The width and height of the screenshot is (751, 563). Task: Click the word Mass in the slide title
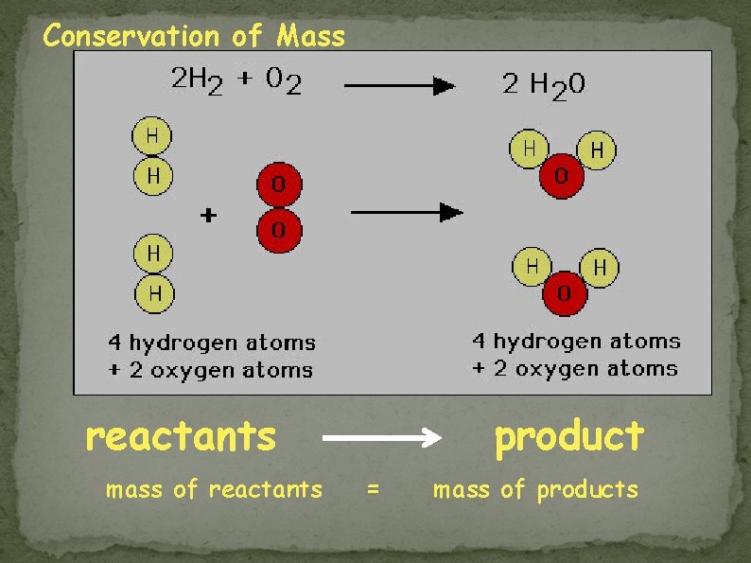[x=311, y=36]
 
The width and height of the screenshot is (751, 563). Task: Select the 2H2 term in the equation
[x=197, y=82]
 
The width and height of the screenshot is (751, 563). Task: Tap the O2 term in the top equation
[x=283, y=82]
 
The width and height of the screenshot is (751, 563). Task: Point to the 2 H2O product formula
[x=543, y=85]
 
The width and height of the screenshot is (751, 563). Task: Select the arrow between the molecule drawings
[x=407, y=212]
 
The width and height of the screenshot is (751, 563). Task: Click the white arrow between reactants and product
[x=383, y=438]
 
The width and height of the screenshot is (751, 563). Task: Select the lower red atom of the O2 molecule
[x=278, y=229]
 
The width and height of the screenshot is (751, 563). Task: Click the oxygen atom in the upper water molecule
[x=561, y=175]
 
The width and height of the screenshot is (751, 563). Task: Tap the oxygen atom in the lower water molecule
[x=564, y=293]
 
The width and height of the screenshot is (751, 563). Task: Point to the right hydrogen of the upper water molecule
[x=597, y=150]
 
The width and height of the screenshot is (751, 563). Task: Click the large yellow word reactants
[x=181, y=437]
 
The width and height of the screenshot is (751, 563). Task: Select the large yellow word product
[x=568, y=437]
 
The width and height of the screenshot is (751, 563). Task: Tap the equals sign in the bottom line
[x=374, y=490]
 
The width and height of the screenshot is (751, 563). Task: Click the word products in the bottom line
[x=587, y=490]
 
